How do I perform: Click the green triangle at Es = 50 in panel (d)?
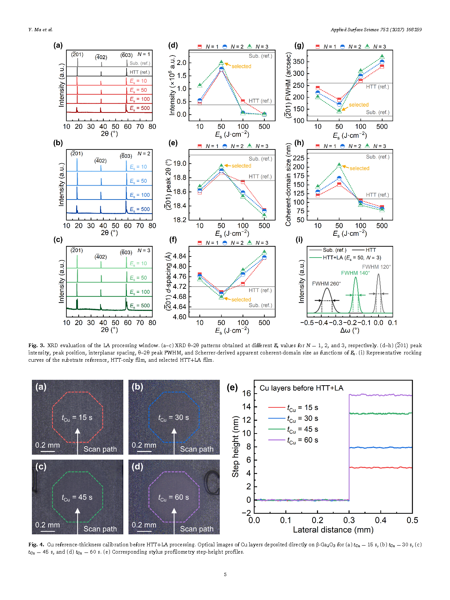pos(221,63)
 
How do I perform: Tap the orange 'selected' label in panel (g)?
pos(359,105)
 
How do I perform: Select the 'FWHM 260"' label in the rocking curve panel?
pos(326,284)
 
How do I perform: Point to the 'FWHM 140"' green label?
pos(355,273)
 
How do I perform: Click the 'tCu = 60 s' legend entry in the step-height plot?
pos(302,440)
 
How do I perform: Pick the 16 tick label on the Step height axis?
pos(247,393)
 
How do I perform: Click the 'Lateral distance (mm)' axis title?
pos(333,530)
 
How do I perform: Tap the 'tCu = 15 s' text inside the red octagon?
pos(77,418)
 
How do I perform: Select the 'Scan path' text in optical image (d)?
pos(197,529)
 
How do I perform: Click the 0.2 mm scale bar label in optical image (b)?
pos(144,445)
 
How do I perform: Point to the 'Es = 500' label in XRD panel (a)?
pos(140,108)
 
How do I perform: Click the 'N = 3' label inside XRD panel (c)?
pos(144,250)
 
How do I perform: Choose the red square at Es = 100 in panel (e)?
pos(243,182)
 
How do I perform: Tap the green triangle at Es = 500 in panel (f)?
pos(264,252)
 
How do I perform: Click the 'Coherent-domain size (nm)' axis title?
pos(288,185)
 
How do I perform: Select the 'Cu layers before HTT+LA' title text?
pos(301,388)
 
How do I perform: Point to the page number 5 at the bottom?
pos(225,574)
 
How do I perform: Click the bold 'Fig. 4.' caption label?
pos(36,544)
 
